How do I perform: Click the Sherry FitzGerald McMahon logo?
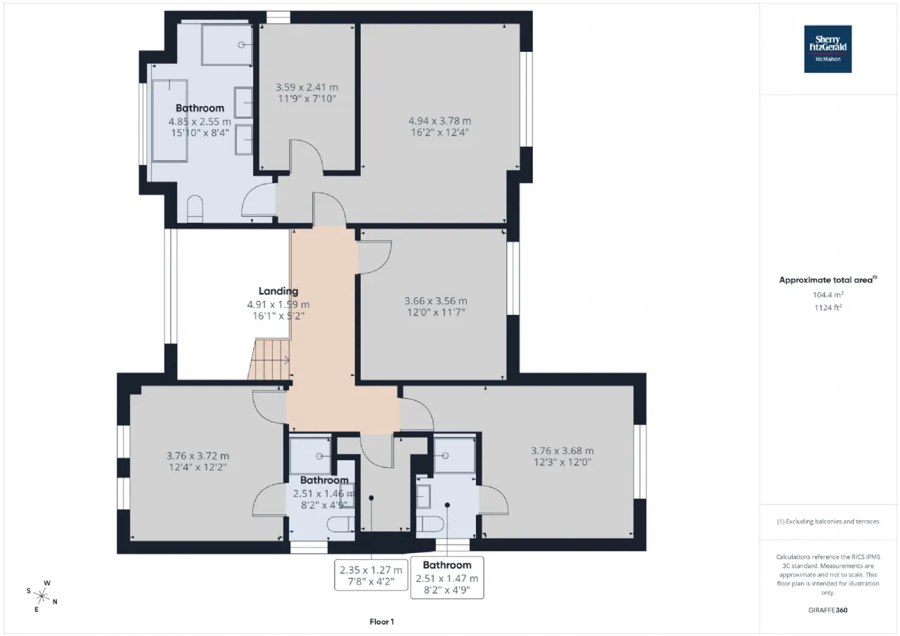tap(828, 49)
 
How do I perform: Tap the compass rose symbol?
tap(41, 596)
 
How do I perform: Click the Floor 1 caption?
tap(382, 622)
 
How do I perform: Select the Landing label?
tap(278, 291)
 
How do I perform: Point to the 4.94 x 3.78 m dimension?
tap(440, 121)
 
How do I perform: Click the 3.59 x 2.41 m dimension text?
tap(307, 87)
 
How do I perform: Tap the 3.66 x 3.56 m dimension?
tap(436, 301)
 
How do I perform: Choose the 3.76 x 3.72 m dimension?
tap(198, 455)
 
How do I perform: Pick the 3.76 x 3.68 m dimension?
tap(562, 451)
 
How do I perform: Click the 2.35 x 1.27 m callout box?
tap(371, 576)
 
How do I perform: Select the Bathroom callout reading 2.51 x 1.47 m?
tap(447, 578)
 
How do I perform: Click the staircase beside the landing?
tap(269, 359)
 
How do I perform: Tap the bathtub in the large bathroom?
tap(169, 121)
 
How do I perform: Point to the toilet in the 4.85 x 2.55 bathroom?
tap(195, 209)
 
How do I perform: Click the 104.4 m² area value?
tap(828, 294)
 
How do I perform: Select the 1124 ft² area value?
tap(828, 308)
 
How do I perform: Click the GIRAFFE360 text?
tap(828, 610)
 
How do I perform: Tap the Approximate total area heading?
tap(828, 280)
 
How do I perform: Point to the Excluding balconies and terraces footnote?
tap(828, 521)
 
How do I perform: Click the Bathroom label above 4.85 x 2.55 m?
tap(200, 108)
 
